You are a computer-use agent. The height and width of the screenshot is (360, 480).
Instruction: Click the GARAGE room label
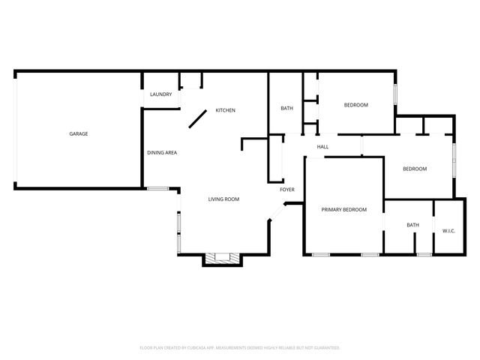[79, 133]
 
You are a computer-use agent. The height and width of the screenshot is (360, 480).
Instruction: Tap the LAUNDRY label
[161, 94]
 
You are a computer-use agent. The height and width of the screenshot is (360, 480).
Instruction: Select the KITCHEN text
[226, 110]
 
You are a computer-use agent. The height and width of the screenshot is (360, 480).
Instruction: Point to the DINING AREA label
[162, 153]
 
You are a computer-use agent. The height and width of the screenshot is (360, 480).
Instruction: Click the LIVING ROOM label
[223, 199]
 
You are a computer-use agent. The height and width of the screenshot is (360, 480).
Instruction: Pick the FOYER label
[287, 190]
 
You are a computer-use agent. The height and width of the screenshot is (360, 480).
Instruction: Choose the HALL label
[323, 147]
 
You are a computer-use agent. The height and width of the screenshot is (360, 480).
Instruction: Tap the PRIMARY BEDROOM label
[344, 209]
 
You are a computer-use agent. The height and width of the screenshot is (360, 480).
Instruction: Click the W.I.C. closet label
[448, 230]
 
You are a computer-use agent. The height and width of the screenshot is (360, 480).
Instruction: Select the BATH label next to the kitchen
[286, 109]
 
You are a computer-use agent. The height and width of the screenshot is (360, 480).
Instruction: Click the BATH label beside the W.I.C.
[413, 225]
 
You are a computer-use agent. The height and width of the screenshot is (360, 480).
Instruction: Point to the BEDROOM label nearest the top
[356, 105]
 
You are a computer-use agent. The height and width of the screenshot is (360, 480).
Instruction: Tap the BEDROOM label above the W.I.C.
[415, 169]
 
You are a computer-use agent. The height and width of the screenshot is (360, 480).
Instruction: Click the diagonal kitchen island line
[198, 119]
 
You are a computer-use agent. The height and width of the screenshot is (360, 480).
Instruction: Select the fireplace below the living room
[223, 258]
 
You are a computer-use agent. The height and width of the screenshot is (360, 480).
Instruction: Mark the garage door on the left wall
[16, 129]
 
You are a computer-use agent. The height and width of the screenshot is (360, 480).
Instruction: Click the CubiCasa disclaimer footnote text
[240, 348]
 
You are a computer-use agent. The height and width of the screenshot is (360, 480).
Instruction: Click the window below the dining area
[157, 188]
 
